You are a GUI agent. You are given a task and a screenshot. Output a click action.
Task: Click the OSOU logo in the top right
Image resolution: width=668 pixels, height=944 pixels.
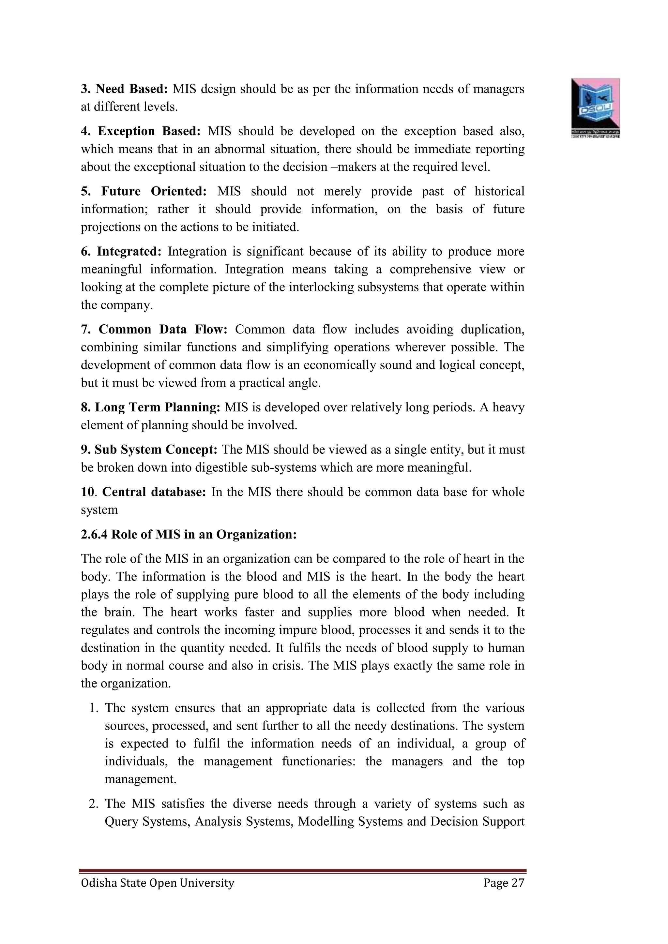pos(595,107)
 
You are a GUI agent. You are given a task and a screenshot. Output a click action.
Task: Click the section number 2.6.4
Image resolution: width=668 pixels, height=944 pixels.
pos(95,535)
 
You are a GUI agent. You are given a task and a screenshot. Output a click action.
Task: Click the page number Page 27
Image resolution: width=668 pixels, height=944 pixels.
pos(504,883)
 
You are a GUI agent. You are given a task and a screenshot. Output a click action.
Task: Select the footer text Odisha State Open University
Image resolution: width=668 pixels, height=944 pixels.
pos(158,883)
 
